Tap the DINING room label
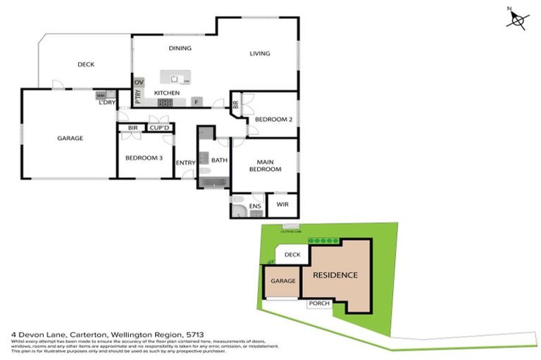click(180, 49)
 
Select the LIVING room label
click(260, 53)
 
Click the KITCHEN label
click(167, 93)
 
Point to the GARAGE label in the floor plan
click(70, 139)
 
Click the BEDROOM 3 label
click(144, 158)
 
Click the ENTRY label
click(185, 163)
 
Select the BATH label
click(219, 160)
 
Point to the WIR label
click(283, 205)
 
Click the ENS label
click(255, 206)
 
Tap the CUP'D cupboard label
click(159, 128)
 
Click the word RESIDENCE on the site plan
click(335, 275)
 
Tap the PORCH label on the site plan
click(319, 304)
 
